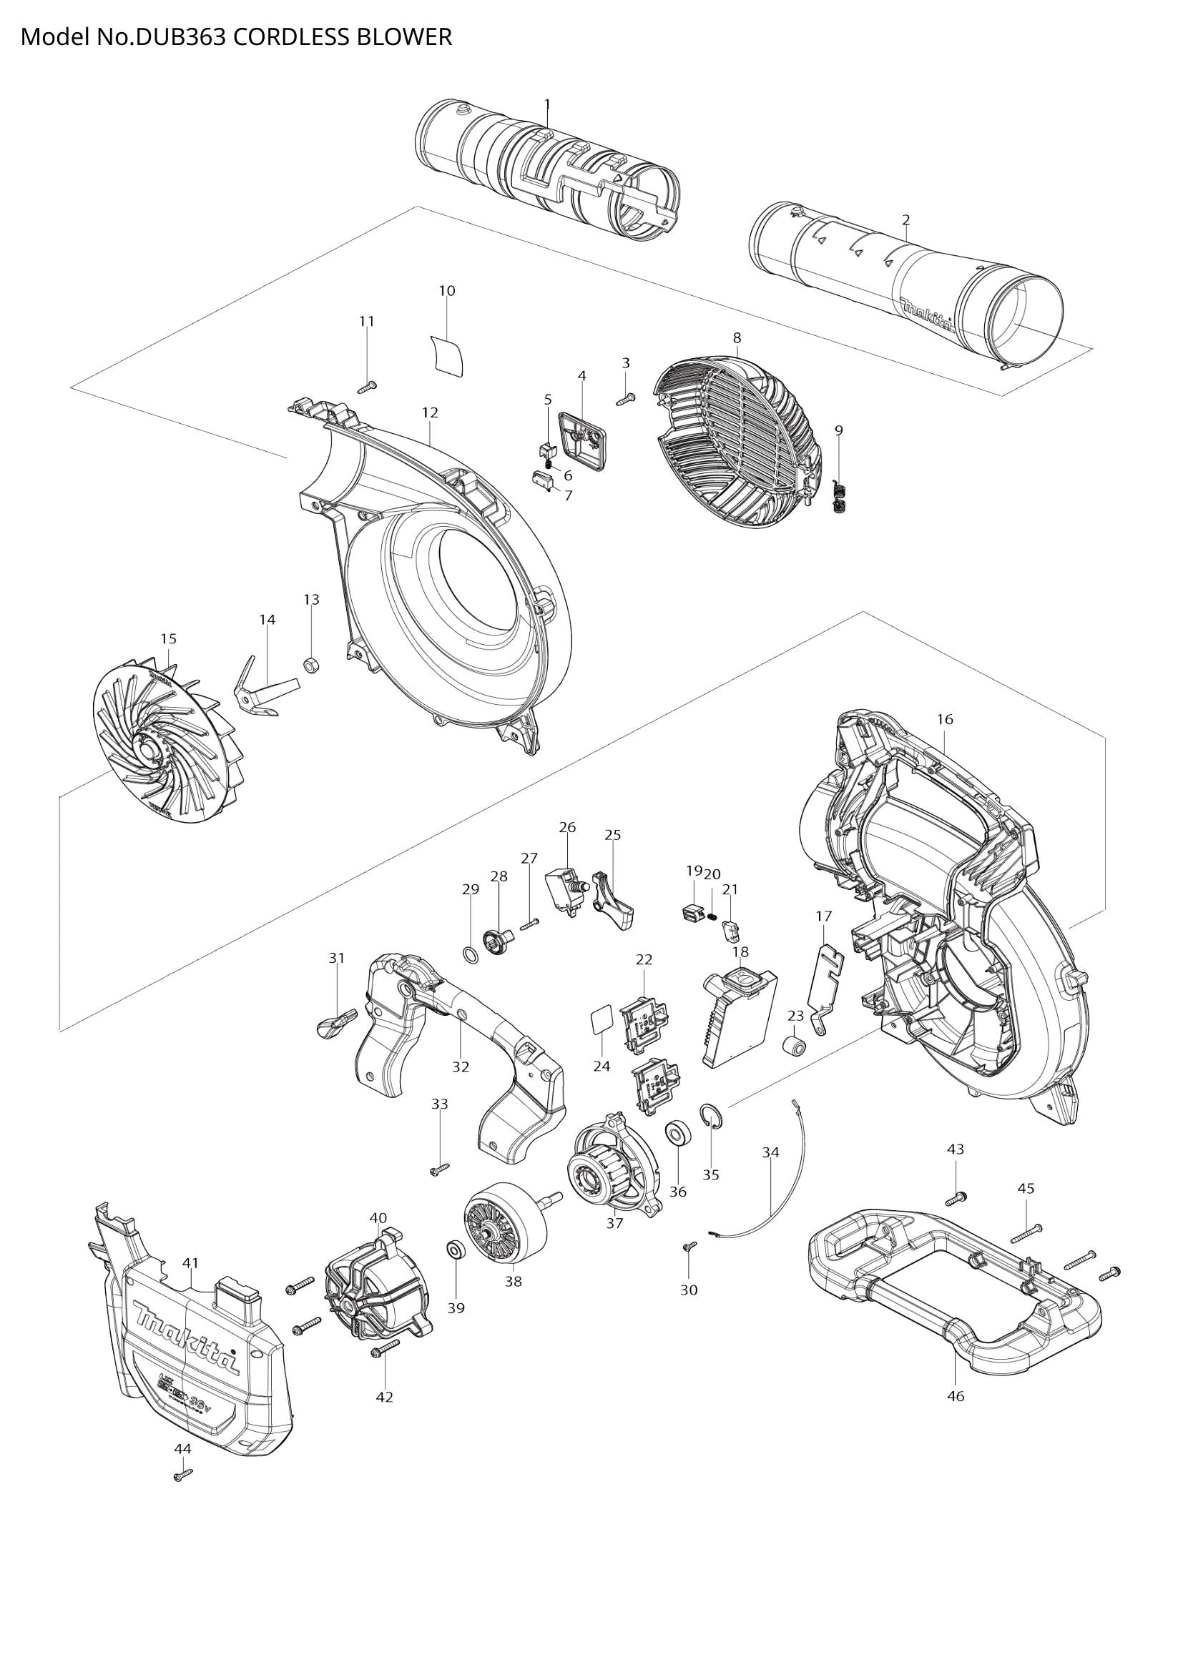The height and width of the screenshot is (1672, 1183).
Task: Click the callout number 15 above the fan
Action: click(x=168, y=638)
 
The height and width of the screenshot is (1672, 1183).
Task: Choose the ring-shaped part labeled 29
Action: click(x=471, y=954)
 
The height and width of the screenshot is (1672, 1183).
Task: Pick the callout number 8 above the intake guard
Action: click(x=737, y=337)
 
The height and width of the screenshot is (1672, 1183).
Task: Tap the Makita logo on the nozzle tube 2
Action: click(x=926, y=315)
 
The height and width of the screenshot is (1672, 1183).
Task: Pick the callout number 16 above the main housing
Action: click(x=944, y=718)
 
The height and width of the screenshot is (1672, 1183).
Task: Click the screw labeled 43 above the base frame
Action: click(x=956, y=1197)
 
